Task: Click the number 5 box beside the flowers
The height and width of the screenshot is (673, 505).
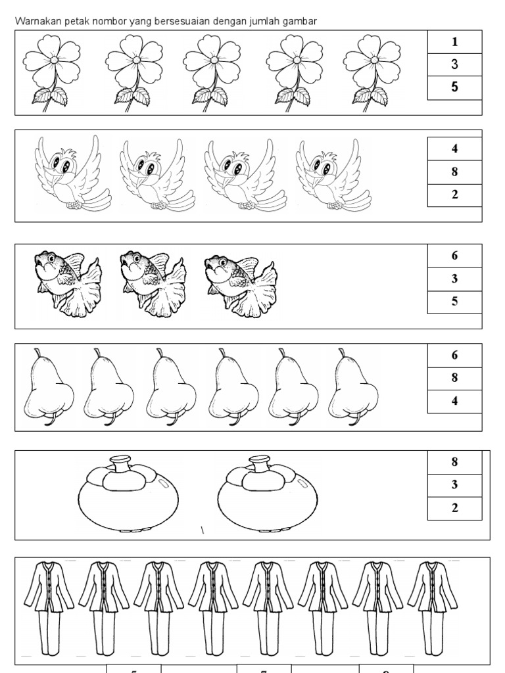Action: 454,87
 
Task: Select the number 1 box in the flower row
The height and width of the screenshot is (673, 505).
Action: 454,42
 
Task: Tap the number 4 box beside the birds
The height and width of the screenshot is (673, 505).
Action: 454,149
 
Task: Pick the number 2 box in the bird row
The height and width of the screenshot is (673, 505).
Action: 454,195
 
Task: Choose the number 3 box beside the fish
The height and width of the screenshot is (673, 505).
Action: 454,279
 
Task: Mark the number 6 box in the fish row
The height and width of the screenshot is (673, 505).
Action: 454,256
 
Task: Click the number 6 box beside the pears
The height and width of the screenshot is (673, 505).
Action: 454,355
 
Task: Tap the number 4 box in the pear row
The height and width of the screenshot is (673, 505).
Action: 454,401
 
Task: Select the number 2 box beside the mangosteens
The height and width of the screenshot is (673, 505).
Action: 454,508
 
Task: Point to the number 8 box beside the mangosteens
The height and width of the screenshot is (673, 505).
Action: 454,462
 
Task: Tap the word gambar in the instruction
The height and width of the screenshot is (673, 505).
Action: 301,22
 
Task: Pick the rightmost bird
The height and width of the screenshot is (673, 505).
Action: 329,175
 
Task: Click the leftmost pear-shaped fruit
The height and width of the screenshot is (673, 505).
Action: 47,388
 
